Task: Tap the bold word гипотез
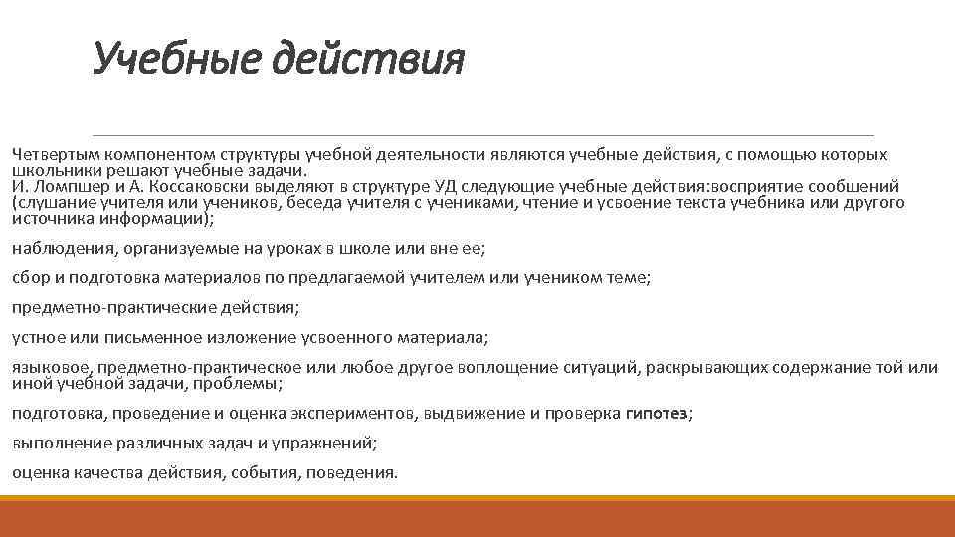pos(657,414)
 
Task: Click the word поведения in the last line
pos(350,473)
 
